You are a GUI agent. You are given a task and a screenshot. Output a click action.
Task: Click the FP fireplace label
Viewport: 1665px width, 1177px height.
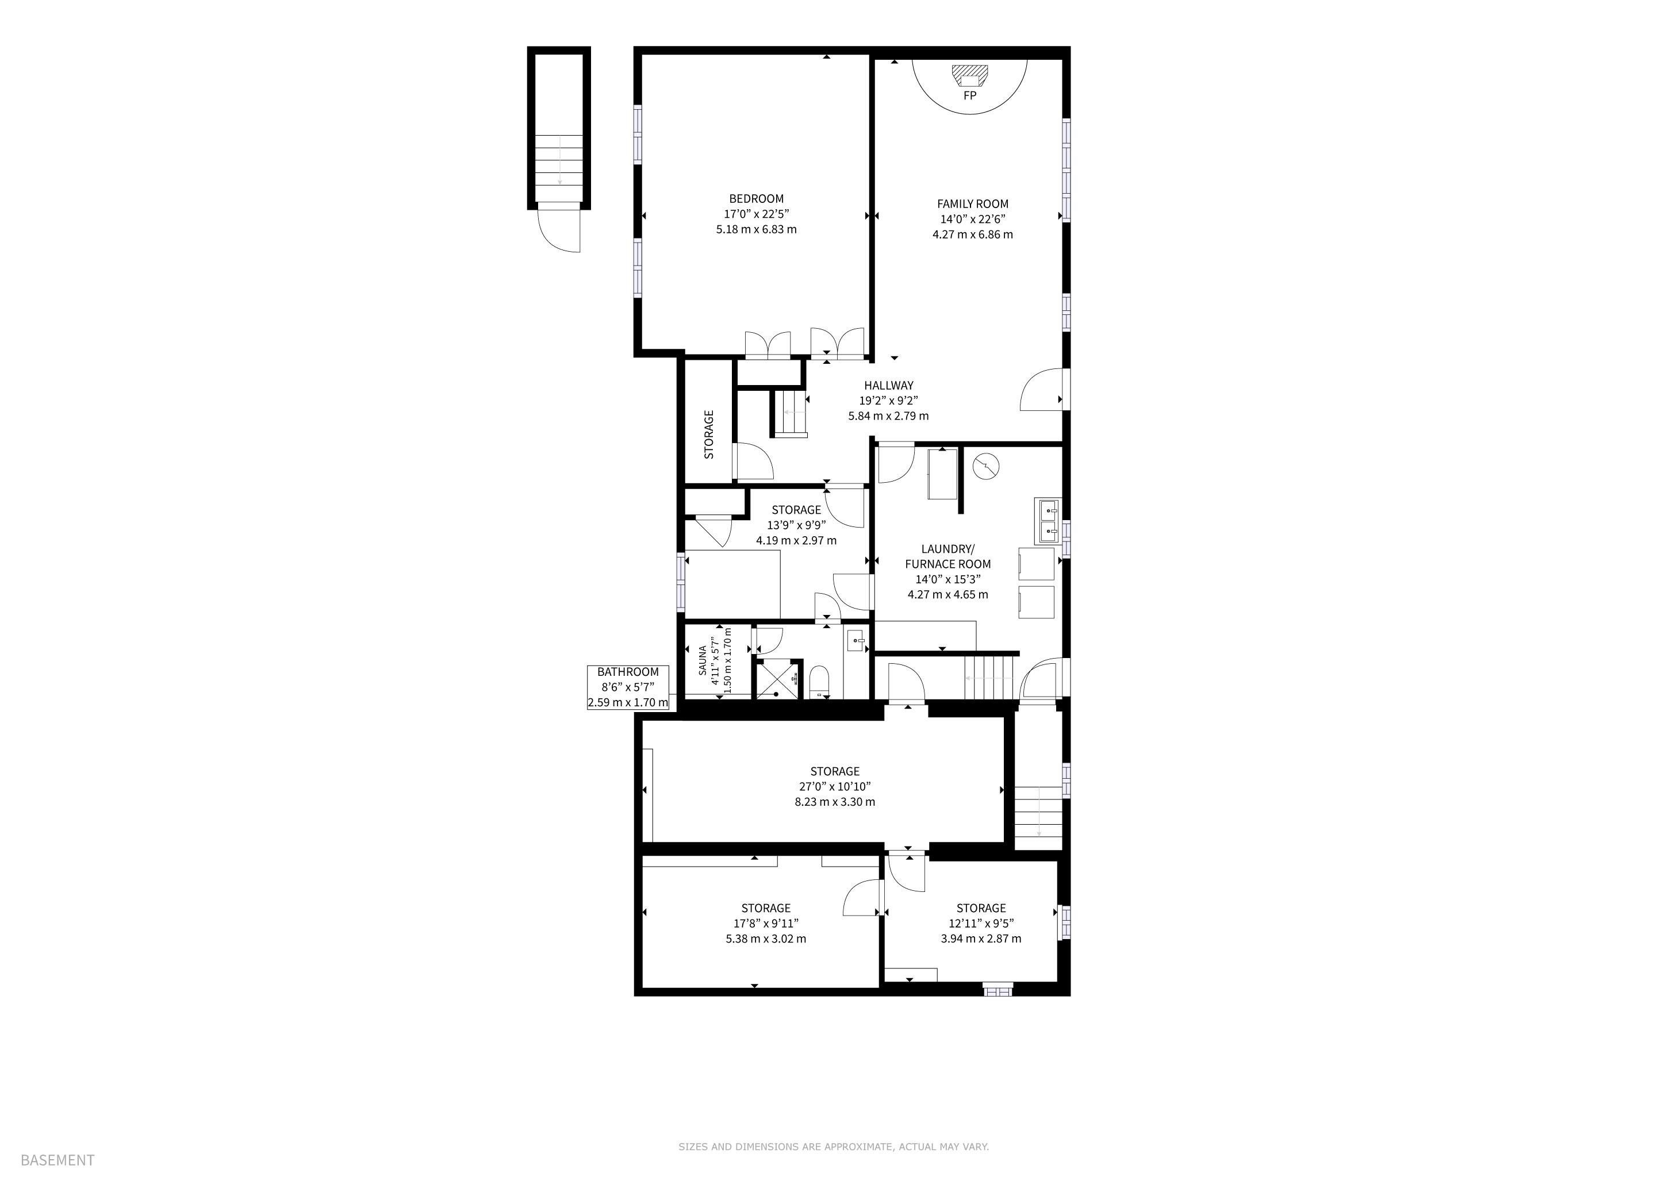[969, 95]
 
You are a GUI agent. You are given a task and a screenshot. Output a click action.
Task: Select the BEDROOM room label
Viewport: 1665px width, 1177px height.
[757, 199]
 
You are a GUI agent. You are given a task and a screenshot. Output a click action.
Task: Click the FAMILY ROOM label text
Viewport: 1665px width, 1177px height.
[972, 203]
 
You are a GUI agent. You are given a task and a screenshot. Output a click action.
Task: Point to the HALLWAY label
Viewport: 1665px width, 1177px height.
[888, 386]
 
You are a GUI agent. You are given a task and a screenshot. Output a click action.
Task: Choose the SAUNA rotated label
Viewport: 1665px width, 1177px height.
[703, 660]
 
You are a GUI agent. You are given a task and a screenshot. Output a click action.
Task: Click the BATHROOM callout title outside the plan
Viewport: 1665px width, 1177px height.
[628, 672]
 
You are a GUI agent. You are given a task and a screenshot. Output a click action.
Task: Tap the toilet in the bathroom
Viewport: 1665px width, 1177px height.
[818, 680]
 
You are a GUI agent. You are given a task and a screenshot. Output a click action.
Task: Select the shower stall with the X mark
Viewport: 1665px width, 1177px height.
[777, 680]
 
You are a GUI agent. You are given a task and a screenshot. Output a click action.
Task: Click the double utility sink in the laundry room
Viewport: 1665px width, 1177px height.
[1046, 521]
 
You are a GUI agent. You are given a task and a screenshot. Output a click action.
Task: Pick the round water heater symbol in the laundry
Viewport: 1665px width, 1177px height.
[986, 466]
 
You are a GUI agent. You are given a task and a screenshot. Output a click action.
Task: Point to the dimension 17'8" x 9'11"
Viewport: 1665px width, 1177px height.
[766, 924]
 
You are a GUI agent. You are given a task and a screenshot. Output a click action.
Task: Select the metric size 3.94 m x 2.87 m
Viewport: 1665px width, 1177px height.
[981, 938]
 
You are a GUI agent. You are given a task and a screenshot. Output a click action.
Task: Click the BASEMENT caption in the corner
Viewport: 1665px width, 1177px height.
[58, 1160]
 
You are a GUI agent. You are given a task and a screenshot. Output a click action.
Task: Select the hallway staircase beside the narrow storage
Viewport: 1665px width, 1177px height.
[790, 413]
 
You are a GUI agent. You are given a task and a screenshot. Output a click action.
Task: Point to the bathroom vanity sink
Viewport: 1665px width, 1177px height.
[857, 641]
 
